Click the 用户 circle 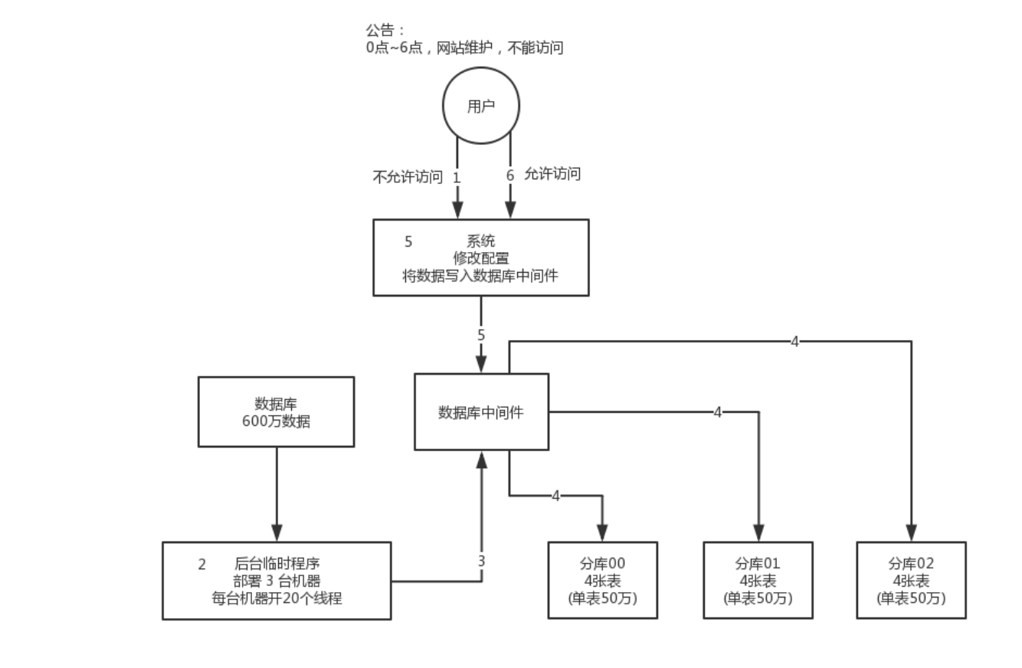(480, 106)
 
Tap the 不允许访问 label (407, 177)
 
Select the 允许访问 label (552, 174)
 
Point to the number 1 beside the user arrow (457, 177)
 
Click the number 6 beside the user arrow (510, 175)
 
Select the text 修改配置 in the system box (480, 258)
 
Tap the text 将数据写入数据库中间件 (480, 276)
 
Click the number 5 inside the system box (408, 241)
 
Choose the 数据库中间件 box (481, 412)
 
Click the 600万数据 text (276, 421)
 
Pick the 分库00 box (602, 580)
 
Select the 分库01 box (758, 580)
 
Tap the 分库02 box (911, 580)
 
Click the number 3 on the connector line (481, 561)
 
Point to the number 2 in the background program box (202, 565)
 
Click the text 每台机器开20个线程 (277, 598)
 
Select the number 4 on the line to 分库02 (794, 342)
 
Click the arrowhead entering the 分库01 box (758, 533)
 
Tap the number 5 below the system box (481, 335)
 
